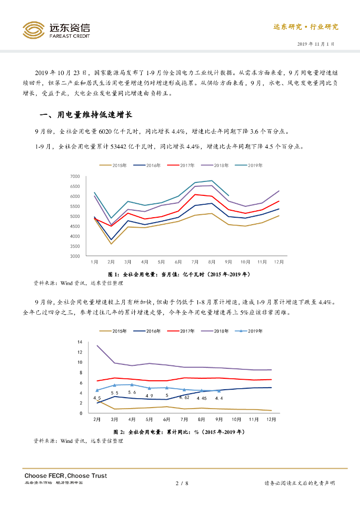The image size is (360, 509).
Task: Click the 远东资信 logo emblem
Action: click(34, 30)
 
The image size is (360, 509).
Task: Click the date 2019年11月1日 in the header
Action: click(316, 44)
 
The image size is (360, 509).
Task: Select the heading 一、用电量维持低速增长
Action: click(86, 116)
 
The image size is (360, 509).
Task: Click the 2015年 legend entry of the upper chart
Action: click(118, 165)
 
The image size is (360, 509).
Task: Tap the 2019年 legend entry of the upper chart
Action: click(253, 165)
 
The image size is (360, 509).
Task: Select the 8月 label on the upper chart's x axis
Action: click(212, 261)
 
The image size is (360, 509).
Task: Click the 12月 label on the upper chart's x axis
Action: click(279, 261)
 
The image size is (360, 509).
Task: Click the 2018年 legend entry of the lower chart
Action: click(220, 331)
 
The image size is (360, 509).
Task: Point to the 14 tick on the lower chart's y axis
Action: click(80, 342)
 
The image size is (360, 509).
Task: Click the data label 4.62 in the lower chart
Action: click(183, 398)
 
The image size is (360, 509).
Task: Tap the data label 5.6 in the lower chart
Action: click(132, 393)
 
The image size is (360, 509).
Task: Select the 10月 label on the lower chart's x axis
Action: click(237, 420)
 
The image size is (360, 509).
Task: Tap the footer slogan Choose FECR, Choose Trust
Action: click(66, 476)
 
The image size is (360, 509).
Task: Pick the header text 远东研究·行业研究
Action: click(306, 27)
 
